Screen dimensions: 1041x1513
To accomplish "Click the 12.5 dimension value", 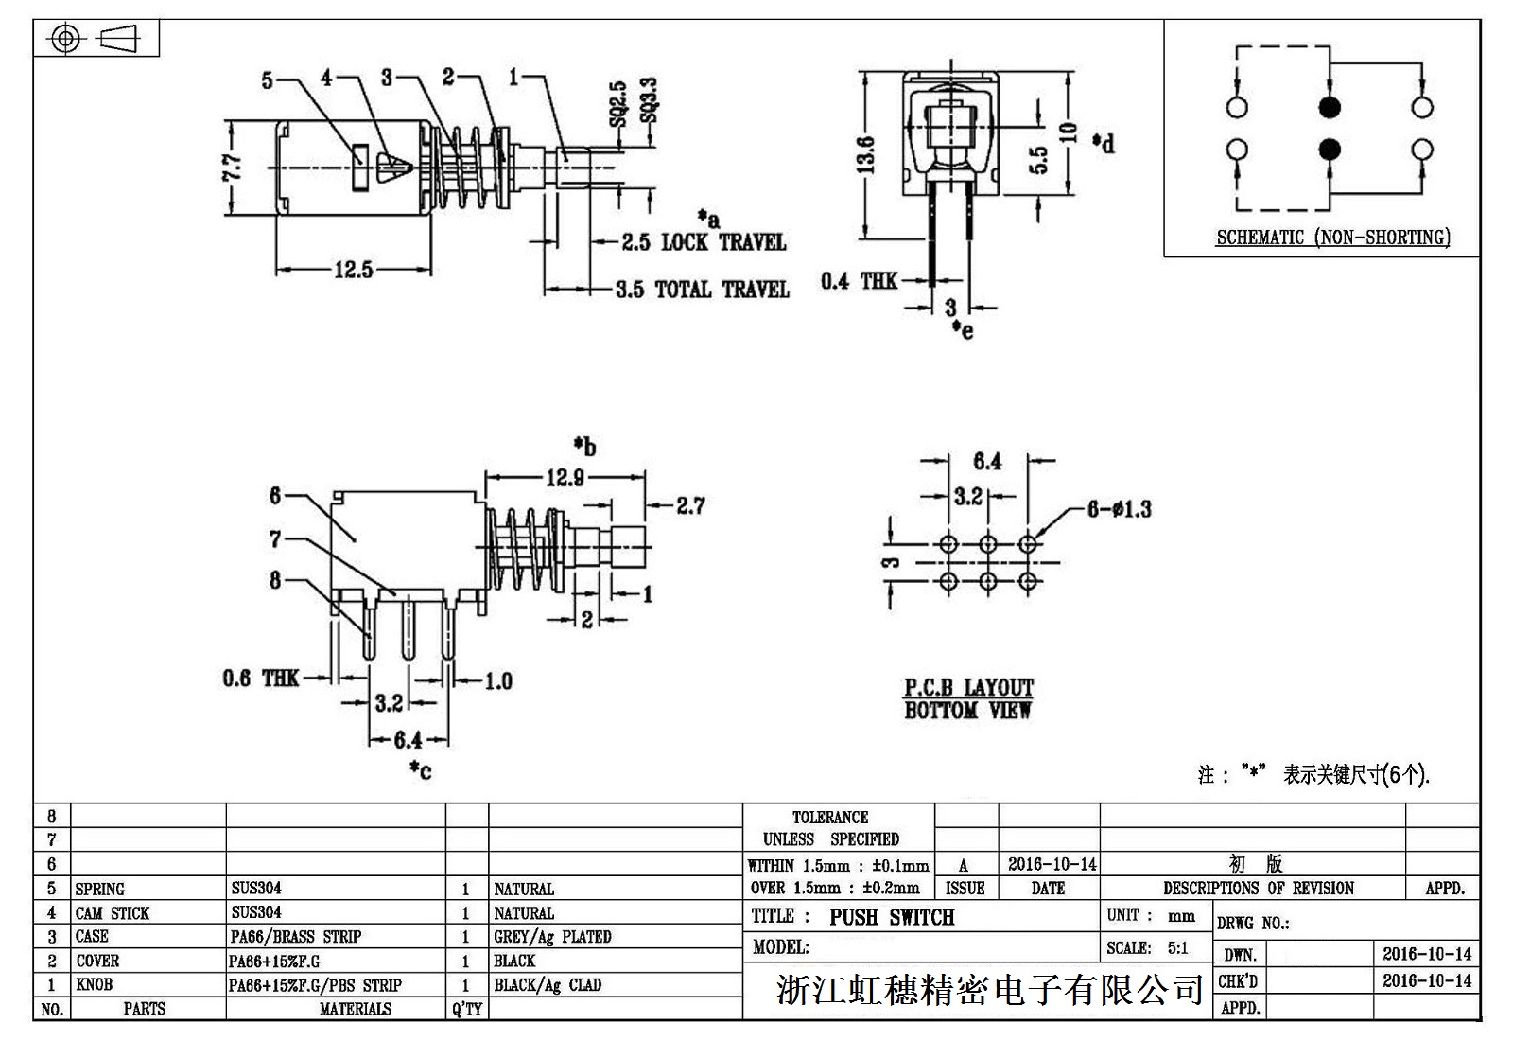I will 353,270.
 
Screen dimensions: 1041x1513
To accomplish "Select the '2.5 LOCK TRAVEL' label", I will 704,242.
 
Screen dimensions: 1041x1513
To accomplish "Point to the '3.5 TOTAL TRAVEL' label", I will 703,290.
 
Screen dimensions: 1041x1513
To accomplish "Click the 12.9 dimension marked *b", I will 565,478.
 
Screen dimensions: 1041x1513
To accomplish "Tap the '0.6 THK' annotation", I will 261,678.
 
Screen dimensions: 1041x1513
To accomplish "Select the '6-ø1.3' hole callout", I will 1119,509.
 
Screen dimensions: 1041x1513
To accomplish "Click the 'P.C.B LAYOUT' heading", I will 968,688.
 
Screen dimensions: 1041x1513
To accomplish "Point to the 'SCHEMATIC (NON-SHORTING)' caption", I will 1332,238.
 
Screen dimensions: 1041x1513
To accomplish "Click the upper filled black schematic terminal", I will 1330,107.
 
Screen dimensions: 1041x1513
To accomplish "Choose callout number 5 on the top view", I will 268,80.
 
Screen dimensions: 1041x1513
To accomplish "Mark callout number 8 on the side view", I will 275,579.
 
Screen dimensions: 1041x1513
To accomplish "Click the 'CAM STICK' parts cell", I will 113,913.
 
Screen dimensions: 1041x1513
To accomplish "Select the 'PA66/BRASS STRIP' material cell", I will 296,937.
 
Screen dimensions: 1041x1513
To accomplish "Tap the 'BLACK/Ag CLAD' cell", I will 548,985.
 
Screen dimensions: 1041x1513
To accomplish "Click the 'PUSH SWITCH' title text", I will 892,917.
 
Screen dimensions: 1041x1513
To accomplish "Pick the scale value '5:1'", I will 1177,948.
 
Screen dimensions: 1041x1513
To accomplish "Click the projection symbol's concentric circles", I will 65,39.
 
